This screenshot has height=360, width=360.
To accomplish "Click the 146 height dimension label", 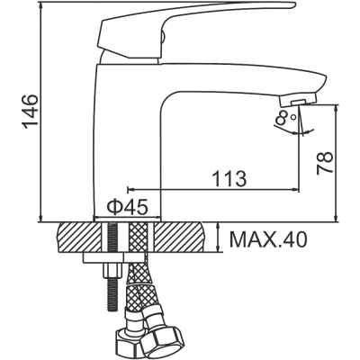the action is pyautogui.click(x=31, y=112).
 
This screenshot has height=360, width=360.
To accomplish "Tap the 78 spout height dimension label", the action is pyautogui.click(x=325, y=163).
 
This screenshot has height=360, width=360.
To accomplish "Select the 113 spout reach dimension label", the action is pyautogui.click(x=229, y=179).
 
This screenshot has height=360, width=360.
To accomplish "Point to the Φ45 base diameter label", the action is pyautogui.click(x=128, y=207).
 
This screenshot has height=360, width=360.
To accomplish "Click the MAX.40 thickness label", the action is pyautogui.click(x=268, y=239).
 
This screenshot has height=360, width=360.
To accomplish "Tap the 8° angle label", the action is pyautogui.click(x=286, y=117).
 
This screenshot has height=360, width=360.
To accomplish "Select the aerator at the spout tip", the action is pyautogui.click(x=298, y=100).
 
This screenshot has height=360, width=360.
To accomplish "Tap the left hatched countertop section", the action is pyautogui.click(x=80, y=238).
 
